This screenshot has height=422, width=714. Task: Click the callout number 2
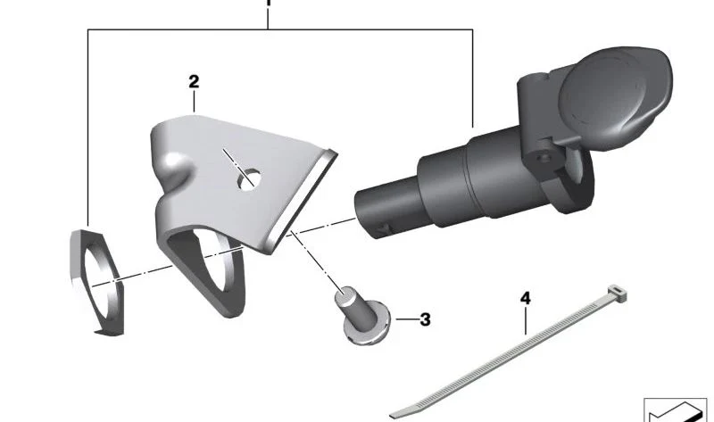[194, 82]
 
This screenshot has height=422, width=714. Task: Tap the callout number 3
[426, 319]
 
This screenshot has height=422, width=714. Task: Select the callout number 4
[526, 299]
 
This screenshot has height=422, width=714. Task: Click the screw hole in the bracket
[249, 179]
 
